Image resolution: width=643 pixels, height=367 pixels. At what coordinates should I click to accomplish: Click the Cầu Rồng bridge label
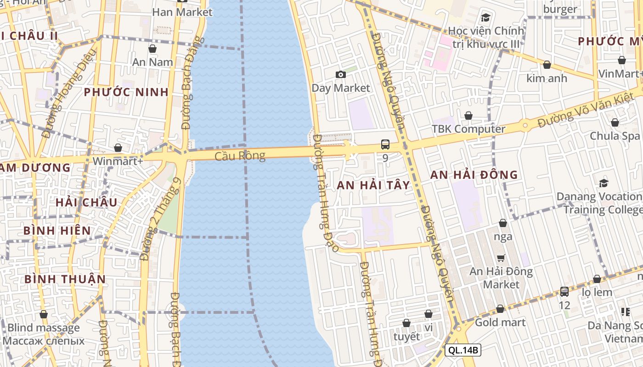(x=240, y=156)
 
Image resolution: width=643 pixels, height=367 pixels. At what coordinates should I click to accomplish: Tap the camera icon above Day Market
(x=340, y=74)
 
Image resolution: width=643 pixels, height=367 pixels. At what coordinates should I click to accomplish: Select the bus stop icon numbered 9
(x=385, y=145)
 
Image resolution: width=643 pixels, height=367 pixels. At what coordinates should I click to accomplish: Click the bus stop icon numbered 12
(x=564, y=291)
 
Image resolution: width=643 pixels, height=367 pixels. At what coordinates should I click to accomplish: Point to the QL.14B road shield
(x=463, y=350)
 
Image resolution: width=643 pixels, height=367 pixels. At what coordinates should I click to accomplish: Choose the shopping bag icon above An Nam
(x=152, y=49)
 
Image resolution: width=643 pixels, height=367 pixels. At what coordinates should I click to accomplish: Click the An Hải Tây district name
(x=373, y=185)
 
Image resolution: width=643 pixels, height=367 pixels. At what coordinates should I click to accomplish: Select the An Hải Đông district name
(x=474, y=175)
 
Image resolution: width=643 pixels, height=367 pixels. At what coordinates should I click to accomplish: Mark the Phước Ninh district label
(x=126, y=92)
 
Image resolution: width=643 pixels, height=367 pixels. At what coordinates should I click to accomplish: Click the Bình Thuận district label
(x=65, y=279)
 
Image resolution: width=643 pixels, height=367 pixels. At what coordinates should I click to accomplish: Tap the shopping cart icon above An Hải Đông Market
(x=501, y=258)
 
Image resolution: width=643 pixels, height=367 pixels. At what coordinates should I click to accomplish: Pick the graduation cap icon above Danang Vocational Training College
(x=604, y=183)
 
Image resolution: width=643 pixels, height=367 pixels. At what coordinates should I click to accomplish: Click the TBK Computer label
(x=468, y=129)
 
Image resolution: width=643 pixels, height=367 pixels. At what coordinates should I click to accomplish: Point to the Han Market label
(x=182, y=12)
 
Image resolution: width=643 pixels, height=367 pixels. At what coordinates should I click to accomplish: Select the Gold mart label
(x=500, y=322)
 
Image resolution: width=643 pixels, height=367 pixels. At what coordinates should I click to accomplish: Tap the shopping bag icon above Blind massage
(x=44, y=315)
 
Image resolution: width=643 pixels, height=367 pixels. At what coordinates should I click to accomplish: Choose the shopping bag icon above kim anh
(x=547, y=65)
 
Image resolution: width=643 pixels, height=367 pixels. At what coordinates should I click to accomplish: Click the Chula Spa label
(x=615, y=136)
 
